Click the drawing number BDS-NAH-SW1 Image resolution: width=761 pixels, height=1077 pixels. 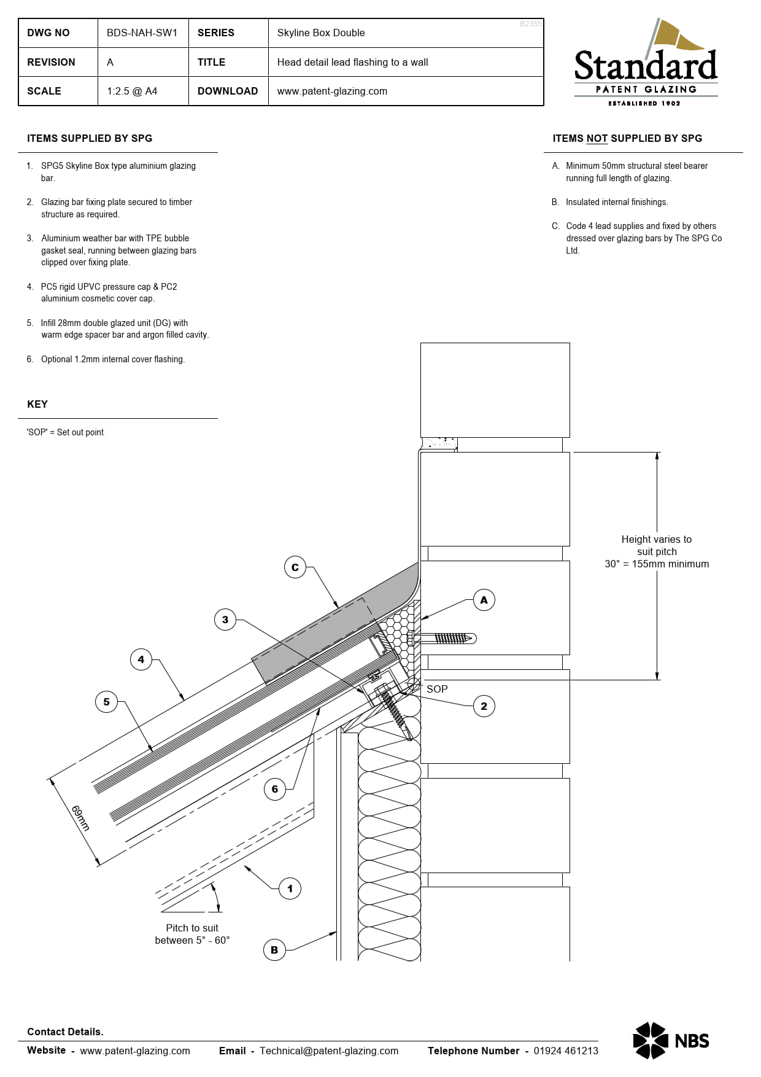pos(142,33)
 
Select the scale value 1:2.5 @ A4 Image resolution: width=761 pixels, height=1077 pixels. pos(132,91)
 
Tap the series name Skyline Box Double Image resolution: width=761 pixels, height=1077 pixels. pos(320,33)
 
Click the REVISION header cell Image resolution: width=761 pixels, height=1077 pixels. pos(52,62)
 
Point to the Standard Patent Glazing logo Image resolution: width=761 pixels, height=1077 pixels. pos(645,64)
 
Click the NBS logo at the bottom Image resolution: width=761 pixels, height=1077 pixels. pos(671,1040)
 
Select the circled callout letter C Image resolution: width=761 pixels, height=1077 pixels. pos(295,567)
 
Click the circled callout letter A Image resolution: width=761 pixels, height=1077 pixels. pos(484,600)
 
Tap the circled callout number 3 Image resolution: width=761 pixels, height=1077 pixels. pos(225,620)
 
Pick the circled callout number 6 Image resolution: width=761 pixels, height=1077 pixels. pos(274,789)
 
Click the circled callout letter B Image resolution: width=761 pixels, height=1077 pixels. pos(274,950)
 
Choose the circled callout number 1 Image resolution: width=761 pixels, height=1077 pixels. pos(290,888)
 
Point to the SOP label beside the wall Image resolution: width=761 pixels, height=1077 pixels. pos(437,689)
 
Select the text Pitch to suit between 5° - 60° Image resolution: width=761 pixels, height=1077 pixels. pos(192,934)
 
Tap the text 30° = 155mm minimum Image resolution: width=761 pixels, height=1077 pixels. pos(656,564)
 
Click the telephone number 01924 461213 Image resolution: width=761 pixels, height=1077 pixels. pos(565,1051)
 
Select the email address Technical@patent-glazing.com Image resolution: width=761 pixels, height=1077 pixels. pos(329,1051)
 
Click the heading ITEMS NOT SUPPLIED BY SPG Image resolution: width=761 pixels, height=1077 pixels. pos(627,139)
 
